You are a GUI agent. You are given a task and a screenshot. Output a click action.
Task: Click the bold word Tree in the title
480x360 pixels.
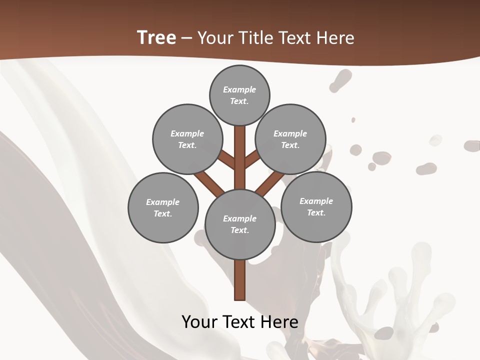(156, 37)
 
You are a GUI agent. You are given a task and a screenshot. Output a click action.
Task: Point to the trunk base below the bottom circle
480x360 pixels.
(240, 280)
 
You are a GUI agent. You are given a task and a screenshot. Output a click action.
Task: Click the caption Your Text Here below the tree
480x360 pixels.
(240, 321)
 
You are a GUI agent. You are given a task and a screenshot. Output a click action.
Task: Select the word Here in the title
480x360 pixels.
(336, 38)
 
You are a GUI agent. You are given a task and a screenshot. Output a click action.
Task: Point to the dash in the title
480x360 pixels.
(186, 38)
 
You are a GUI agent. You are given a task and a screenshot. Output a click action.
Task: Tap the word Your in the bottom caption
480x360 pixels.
(200, 321)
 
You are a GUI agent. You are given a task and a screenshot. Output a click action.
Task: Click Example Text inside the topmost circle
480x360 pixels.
(239, 95)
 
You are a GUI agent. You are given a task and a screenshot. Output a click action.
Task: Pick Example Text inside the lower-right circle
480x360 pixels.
(316, 206)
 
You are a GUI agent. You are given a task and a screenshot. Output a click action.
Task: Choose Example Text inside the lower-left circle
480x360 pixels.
(163, 207)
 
